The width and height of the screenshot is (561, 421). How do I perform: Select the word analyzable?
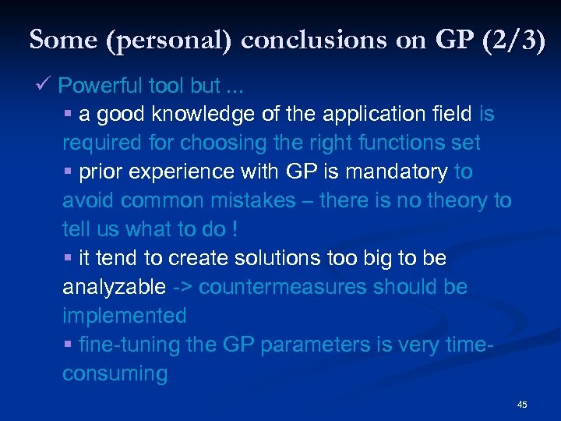(114, 287)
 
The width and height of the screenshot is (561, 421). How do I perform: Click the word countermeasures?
(283, 287)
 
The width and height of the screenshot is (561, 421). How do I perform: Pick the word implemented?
(125, 316)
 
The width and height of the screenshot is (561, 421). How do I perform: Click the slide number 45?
(522, 404)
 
